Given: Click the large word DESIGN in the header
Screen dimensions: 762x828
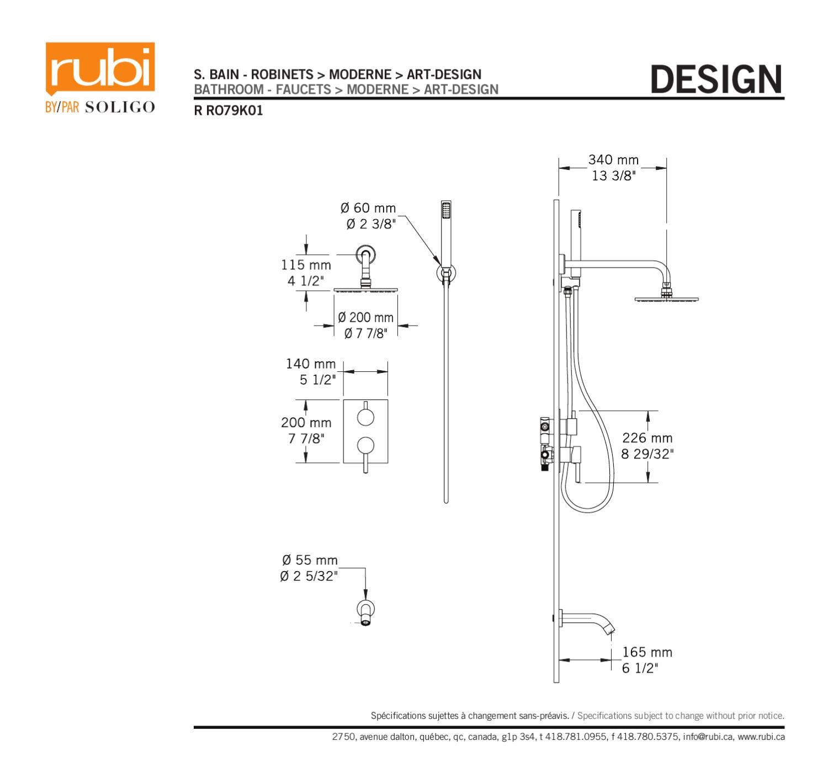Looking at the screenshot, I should tap(716, 79).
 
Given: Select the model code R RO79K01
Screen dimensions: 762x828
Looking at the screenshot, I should tap(228, 110).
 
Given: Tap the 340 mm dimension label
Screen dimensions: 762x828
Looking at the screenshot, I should tap(613, 160).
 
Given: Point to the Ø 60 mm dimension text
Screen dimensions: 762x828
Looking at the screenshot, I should tap(368, 208).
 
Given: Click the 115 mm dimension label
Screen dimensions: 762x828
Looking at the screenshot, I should tap(306, 265).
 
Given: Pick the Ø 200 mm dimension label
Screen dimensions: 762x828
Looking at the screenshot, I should tap(365, 318).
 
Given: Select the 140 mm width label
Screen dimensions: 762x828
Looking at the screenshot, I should tap(310, 364).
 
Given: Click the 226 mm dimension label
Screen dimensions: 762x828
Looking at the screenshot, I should tap(647, 438).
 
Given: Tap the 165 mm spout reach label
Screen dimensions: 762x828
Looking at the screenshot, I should tap(647, 652).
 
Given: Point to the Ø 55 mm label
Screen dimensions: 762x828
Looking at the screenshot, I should tap(309, 560).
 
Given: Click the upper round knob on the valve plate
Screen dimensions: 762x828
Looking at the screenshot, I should tap(365, 418).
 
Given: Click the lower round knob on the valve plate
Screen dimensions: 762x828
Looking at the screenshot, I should tap(365, 445).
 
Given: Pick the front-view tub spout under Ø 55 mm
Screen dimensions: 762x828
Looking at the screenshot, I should tap(365, 613).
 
